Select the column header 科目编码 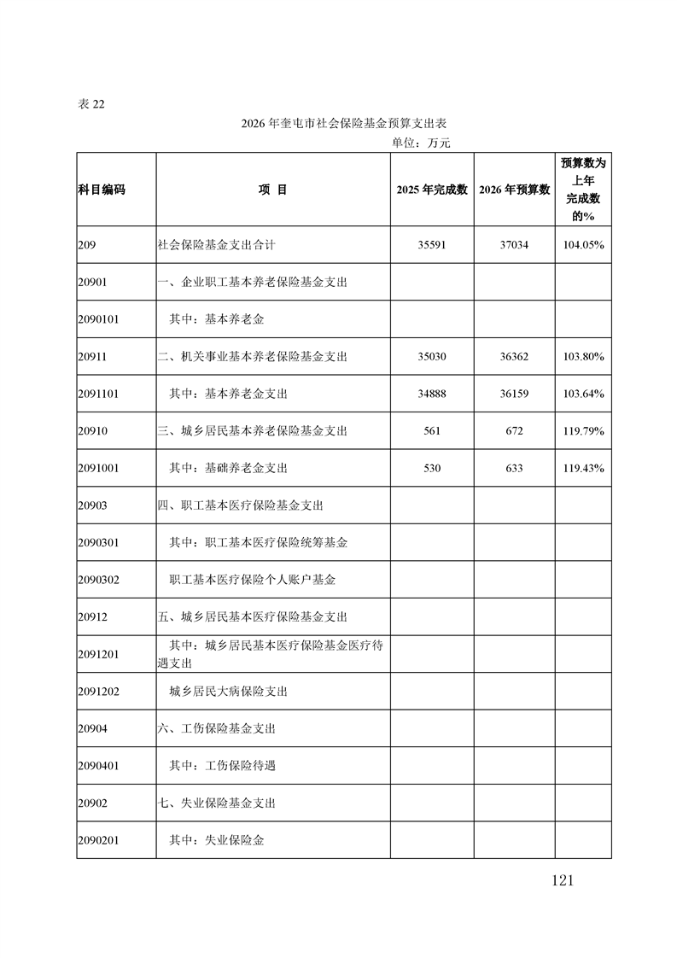point(101,190)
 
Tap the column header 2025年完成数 point(432,190)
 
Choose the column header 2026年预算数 point(514,190)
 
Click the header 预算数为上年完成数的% point(583,190)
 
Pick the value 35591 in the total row point(432,244)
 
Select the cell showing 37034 point(514,244)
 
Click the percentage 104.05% point(584,244)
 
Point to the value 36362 point(514,356)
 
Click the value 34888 point(432,394)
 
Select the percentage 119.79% point(584,431)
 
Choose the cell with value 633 point(514,468)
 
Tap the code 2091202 point(97,692)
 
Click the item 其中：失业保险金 point(217,840)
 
